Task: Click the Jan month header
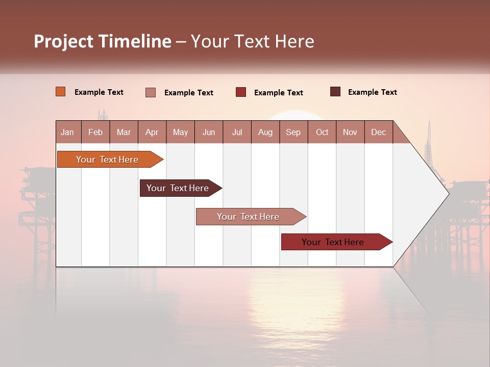click(68, 132)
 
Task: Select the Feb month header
click(95, 132)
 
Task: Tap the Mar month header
click(124, 132)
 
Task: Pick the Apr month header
click(152, 132)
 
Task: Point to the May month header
click(180, 132)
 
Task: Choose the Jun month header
click(209, 132)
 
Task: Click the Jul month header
click(237, 132)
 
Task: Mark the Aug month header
click(265, 132)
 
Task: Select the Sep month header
click(293, 132)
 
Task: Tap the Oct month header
click(322, 132)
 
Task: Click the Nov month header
click(350, 132)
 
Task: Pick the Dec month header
click(379, 132)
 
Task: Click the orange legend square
click(61, 92)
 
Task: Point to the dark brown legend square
click(335, 92)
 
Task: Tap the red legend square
click(241, 92)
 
